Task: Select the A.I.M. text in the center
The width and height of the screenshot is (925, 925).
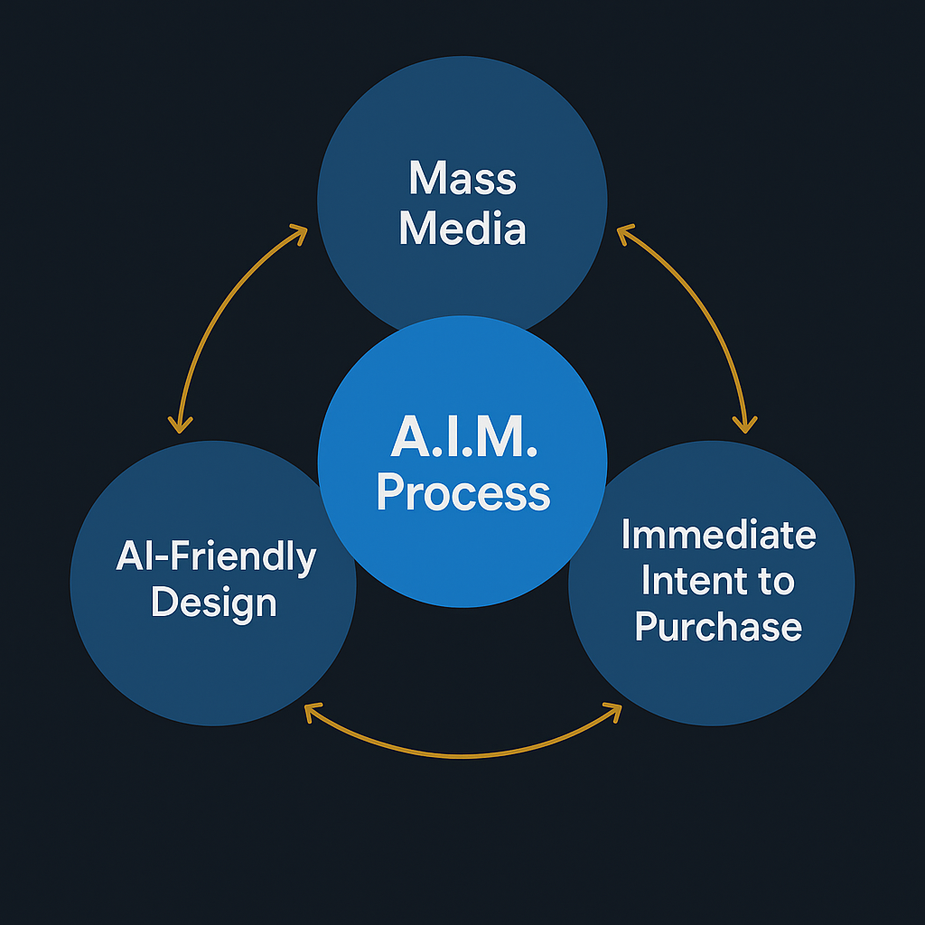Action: point(463,439)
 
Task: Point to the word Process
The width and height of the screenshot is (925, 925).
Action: point(462,492)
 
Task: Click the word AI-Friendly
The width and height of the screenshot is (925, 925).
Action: point(215,557)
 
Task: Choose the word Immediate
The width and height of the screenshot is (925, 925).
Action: point(718,535)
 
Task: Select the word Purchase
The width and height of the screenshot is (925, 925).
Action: point(718,626)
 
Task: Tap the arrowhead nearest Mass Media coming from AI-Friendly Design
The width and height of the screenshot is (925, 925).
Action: point(298,233)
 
